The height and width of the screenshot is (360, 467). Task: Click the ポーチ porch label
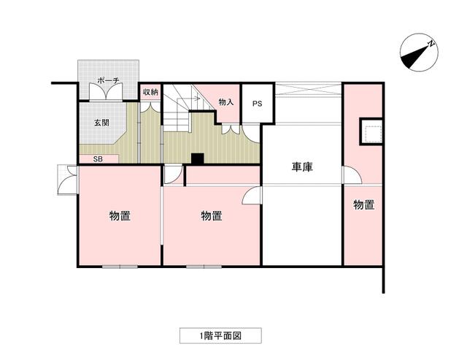click(x=109, y=80)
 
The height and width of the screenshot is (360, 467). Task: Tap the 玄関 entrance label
click(x=101, y=123)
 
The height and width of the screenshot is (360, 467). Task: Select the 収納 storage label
click(x=150, y=92)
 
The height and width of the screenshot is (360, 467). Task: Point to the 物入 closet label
click(x=226, y=102)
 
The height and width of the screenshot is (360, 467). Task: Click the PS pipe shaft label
click(x=258, y=104)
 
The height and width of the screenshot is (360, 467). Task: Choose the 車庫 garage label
click(x=302, y=167)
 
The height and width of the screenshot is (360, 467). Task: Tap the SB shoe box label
click(x=98, y=159)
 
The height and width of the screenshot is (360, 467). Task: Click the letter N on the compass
click(x=431, y=44)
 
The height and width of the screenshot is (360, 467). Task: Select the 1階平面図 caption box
click(x=220, y=336)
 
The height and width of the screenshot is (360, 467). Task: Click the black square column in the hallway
click(x=198, y=158)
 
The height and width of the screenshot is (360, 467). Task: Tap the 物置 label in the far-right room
click(x=363, y=204)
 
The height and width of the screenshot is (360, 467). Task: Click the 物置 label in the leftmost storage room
click(x=120, y=215)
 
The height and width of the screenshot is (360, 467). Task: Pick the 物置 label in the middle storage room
click(x=212, y=215)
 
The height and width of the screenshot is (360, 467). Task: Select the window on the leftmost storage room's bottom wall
click(x=120, y=267)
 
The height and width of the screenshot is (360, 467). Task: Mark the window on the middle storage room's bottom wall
click(x=204, y=267)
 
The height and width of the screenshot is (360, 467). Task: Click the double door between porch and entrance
click(x=106, y=93)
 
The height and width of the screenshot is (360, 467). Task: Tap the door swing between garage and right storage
click(x=352, y=175)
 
